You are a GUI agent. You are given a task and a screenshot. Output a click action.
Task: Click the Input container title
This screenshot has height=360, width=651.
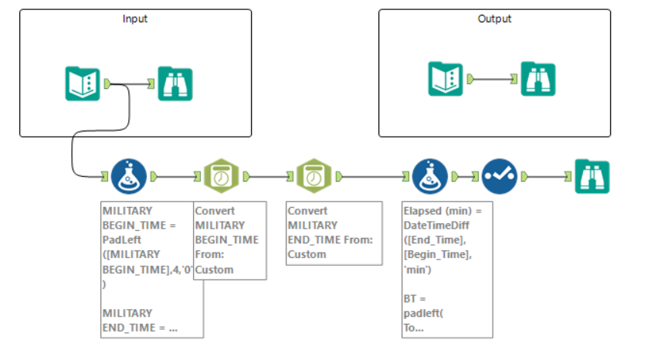[x=135, y=19]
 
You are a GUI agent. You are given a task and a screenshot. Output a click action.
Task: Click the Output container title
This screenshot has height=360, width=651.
[x=494, y=19]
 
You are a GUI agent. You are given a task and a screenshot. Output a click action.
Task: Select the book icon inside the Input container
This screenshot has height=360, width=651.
[x=82, y=83]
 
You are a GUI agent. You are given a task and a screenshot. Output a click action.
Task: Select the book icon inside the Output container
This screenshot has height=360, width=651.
[x=447, y=78]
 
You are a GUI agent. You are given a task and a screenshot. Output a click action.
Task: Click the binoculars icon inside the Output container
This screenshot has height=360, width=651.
[x=537, y=78]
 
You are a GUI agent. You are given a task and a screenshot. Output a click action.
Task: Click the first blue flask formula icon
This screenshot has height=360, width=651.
[x=128, y=176]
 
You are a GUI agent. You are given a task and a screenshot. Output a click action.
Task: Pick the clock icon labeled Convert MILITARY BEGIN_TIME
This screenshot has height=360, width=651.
[x=221, y=176]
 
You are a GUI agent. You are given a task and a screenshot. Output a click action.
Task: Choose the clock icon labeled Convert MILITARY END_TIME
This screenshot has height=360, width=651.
[x=314, y=176]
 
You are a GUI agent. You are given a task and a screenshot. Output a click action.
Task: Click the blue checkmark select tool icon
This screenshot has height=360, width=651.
[x=500, y=176]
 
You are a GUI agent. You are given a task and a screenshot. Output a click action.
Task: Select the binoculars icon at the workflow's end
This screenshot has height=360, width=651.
[x=592, y=176]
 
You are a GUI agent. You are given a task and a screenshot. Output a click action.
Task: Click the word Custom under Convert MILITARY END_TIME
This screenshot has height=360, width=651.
[x=307, y=254]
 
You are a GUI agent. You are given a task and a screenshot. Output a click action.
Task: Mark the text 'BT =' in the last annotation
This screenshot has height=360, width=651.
[x=414, y=298]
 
